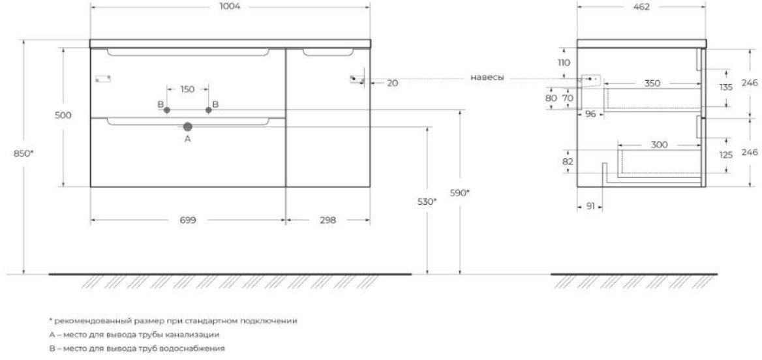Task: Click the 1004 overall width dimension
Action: coord(230,7)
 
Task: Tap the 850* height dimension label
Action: coord(24,154)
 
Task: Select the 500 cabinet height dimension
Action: coord(63,115)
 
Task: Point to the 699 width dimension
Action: coord(188,220)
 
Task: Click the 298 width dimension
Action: coord(328,220)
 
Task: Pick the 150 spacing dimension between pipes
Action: coord(187,89)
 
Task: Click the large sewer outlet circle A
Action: coord(188,127)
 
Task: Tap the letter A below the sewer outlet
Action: coord(188,140)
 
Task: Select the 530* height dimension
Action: coord(427,202)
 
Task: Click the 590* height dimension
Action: coord(460,193)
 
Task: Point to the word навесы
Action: coord(487,78)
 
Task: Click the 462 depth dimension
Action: coord(641,7)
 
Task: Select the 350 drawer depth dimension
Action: coord(652,83)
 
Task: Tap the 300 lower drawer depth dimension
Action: coord(660,145)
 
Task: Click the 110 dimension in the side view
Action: coord(564,63)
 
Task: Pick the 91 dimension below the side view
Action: coord(590,207)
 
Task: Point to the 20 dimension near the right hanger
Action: coord(393,83)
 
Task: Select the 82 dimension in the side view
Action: coord(568,162)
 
